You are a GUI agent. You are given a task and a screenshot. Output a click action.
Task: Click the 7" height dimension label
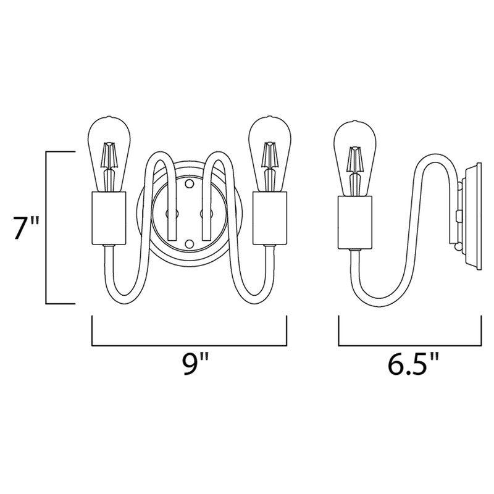(x=26, y=228)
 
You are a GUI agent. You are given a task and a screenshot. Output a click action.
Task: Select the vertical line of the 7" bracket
(x=48, y=228)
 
